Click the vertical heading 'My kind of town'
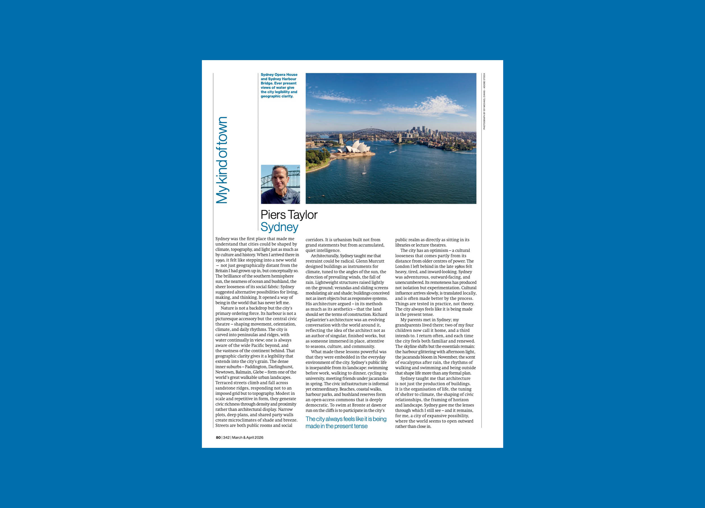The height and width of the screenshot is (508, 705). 222,160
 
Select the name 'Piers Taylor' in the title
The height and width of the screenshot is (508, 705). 289,215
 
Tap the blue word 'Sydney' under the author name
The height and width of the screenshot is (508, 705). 279,227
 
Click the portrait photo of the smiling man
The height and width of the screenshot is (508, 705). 280,184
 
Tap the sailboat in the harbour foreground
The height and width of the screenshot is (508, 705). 364,170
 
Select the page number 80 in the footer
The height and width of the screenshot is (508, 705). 218,437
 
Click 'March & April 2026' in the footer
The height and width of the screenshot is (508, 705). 247,437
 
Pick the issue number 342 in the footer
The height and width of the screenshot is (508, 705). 226,437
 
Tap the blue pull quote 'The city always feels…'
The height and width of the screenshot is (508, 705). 346,422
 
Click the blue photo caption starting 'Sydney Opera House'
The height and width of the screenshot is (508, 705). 279,85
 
